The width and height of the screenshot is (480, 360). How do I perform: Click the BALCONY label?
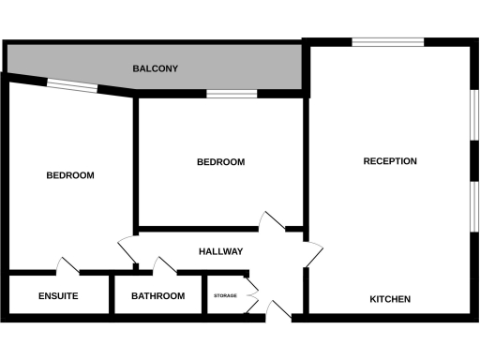pos(156,69)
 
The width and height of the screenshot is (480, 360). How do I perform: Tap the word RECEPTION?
pos(390,161)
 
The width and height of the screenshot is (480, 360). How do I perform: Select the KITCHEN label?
pos(390,299)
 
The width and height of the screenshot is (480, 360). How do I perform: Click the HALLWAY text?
pos(220,251)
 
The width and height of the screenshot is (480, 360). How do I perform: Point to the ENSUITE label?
pos(58,296)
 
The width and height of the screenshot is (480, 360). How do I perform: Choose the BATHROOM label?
pos(157,296)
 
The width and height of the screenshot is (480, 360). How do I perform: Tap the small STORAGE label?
pos(225,296)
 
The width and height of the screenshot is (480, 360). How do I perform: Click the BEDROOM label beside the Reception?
pos(220,162)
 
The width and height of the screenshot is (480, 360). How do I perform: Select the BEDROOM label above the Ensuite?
pos(70,175)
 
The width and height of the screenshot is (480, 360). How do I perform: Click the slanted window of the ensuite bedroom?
pos(72,87)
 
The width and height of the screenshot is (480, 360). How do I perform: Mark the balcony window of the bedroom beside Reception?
pos(232,94)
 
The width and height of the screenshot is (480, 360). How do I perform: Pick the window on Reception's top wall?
pos(387,41)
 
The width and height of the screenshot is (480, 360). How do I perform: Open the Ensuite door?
pos(67,266)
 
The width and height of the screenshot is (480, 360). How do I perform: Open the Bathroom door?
pos(166,266)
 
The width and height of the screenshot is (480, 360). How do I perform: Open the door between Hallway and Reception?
pos(311,253)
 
